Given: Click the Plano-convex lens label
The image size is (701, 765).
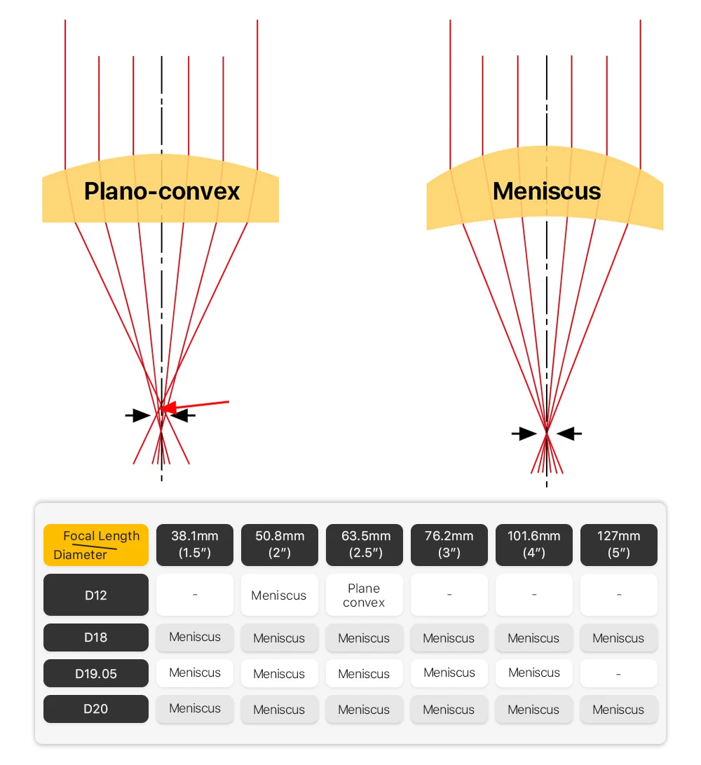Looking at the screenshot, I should coord(161,191).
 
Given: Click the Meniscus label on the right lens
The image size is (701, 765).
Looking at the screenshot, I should coord(547,191).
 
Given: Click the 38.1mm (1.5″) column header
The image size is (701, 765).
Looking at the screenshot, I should coord(195,544).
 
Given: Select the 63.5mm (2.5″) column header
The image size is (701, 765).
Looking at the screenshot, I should coord(364,544).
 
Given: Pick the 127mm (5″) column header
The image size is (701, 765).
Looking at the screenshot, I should coord(618,544).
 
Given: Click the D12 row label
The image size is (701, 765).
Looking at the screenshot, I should coord(96,595).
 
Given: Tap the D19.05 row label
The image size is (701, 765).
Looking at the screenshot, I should coord(96,673).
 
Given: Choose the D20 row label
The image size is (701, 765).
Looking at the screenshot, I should coord(96,708).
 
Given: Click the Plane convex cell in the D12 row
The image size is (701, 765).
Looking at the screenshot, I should coord(364,595).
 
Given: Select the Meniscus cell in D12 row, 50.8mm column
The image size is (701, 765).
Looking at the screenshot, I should coord(279,595).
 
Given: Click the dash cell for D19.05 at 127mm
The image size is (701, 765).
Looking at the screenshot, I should coord(618,673).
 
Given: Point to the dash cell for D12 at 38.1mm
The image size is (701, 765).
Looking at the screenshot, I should coord(195,595).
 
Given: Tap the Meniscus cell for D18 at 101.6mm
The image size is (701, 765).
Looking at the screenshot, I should coord(533,637).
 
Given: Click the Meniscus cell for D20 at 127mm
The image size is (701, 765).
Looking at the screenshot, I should coord(618,709).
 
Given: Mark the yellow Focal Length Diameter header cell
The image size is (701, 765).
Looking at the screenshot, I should coord(96,544).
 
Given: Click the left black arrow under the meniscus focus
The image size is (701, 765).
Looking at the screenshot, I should coord(524,434).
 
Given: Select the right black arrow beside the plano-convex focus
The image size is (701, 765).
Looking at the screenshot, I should coord(184,415).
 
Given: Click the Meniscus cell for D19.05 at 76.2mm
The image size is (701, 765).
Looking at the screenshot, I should coord(449,673).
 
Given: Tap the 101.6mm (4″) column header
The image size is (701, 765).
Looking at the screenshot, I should coord(533,544).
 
